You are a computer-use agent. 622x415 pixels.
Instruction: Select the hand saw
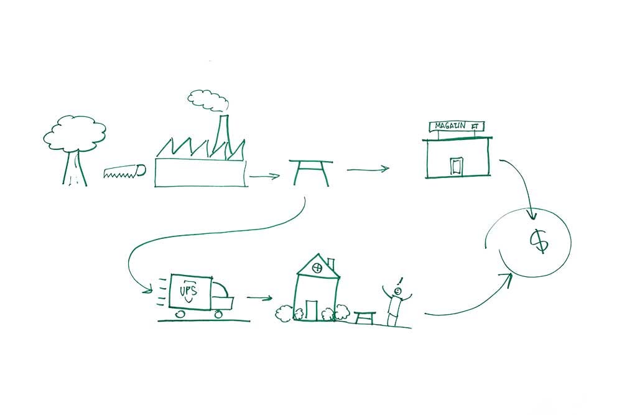coord(124,171)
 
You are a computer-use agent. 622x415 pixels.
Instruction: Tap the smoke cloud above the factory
coord(207,100)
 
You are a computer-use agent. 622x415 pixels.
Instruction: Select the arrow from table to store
coord(367,169)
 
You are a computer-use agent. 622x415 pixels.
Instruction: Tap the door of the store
coord(457,165)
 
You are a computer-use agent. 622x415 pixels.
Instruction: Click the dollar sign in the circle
coord(539,241)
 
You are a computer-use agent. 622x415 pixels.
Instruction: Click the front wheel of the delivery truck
coord(218,314)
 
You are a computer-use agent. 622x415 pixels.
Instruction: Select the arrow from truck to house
coord(259,297)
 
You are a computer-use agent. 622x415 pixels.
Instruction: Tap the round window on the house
coord(317,269)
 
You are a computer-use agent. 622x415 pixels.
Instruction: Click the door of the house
coord(311,309)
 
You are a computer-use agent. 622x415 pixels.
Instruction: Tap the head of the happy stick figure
coord(397,291)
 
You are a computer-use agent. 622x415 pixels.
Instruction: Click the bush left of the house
coord(285,313)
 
